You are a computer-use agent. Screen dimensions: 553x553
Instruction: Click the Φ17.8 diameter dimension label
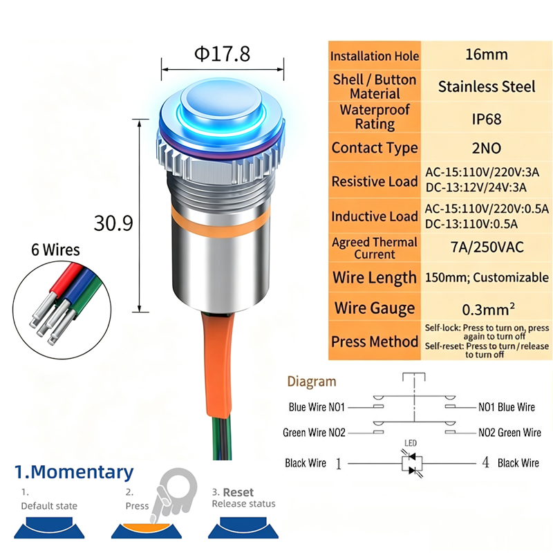[x=222, y=54]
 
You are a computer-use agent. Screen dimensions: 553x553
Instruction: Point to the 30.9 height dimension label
[x=113, y=223]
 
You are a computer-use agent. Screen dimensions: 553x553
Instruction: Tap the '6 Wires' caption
[x=55, y=250]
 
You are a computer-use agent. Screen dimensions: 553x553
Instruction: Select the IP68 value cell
[x=487, y=119]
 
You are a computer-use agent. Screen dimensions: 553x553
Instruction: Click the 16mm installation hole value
[x=487, y=55]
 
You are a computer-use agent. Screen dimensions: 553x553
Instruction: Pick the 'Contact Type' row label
[x=375, y=148]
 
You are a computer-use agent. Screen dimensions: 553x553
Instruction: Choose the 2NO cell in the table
[x=487, y=148]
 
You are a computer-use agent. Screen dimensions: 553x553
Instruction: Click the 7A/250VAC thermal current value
[x=487, y=247]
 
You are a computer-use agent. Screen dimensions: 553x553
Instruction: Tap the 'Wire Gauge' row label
[x=375, y=308]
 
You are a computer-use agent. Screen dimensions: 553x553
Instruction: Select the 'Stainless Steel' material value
[x=487, y=87]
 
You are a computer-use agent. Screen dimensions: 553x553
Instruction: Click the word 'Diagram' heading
[x=312, y=382]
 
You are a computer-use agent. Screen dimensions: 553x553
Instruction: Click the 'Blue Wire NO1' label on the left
[x=317, y=407]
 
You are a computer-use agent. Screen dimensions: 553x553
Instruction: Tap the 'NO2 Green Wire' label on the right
[x=509, y=433]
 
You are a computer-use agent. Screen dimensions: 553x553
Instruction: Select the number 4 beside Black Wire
[x=486, y=462]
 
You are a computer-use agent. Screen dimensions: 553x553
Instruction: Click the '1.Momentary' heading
[x=74, y=473]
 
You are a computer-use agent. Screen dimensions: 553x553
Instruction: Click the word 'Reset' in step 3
[x=238, y=492]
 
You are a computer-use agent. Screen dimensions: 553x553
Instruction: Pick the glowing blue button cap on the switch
[x=221, y=102]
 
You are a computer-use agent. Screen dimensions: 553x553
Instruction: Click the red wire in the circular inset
[x=66, y=278]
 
